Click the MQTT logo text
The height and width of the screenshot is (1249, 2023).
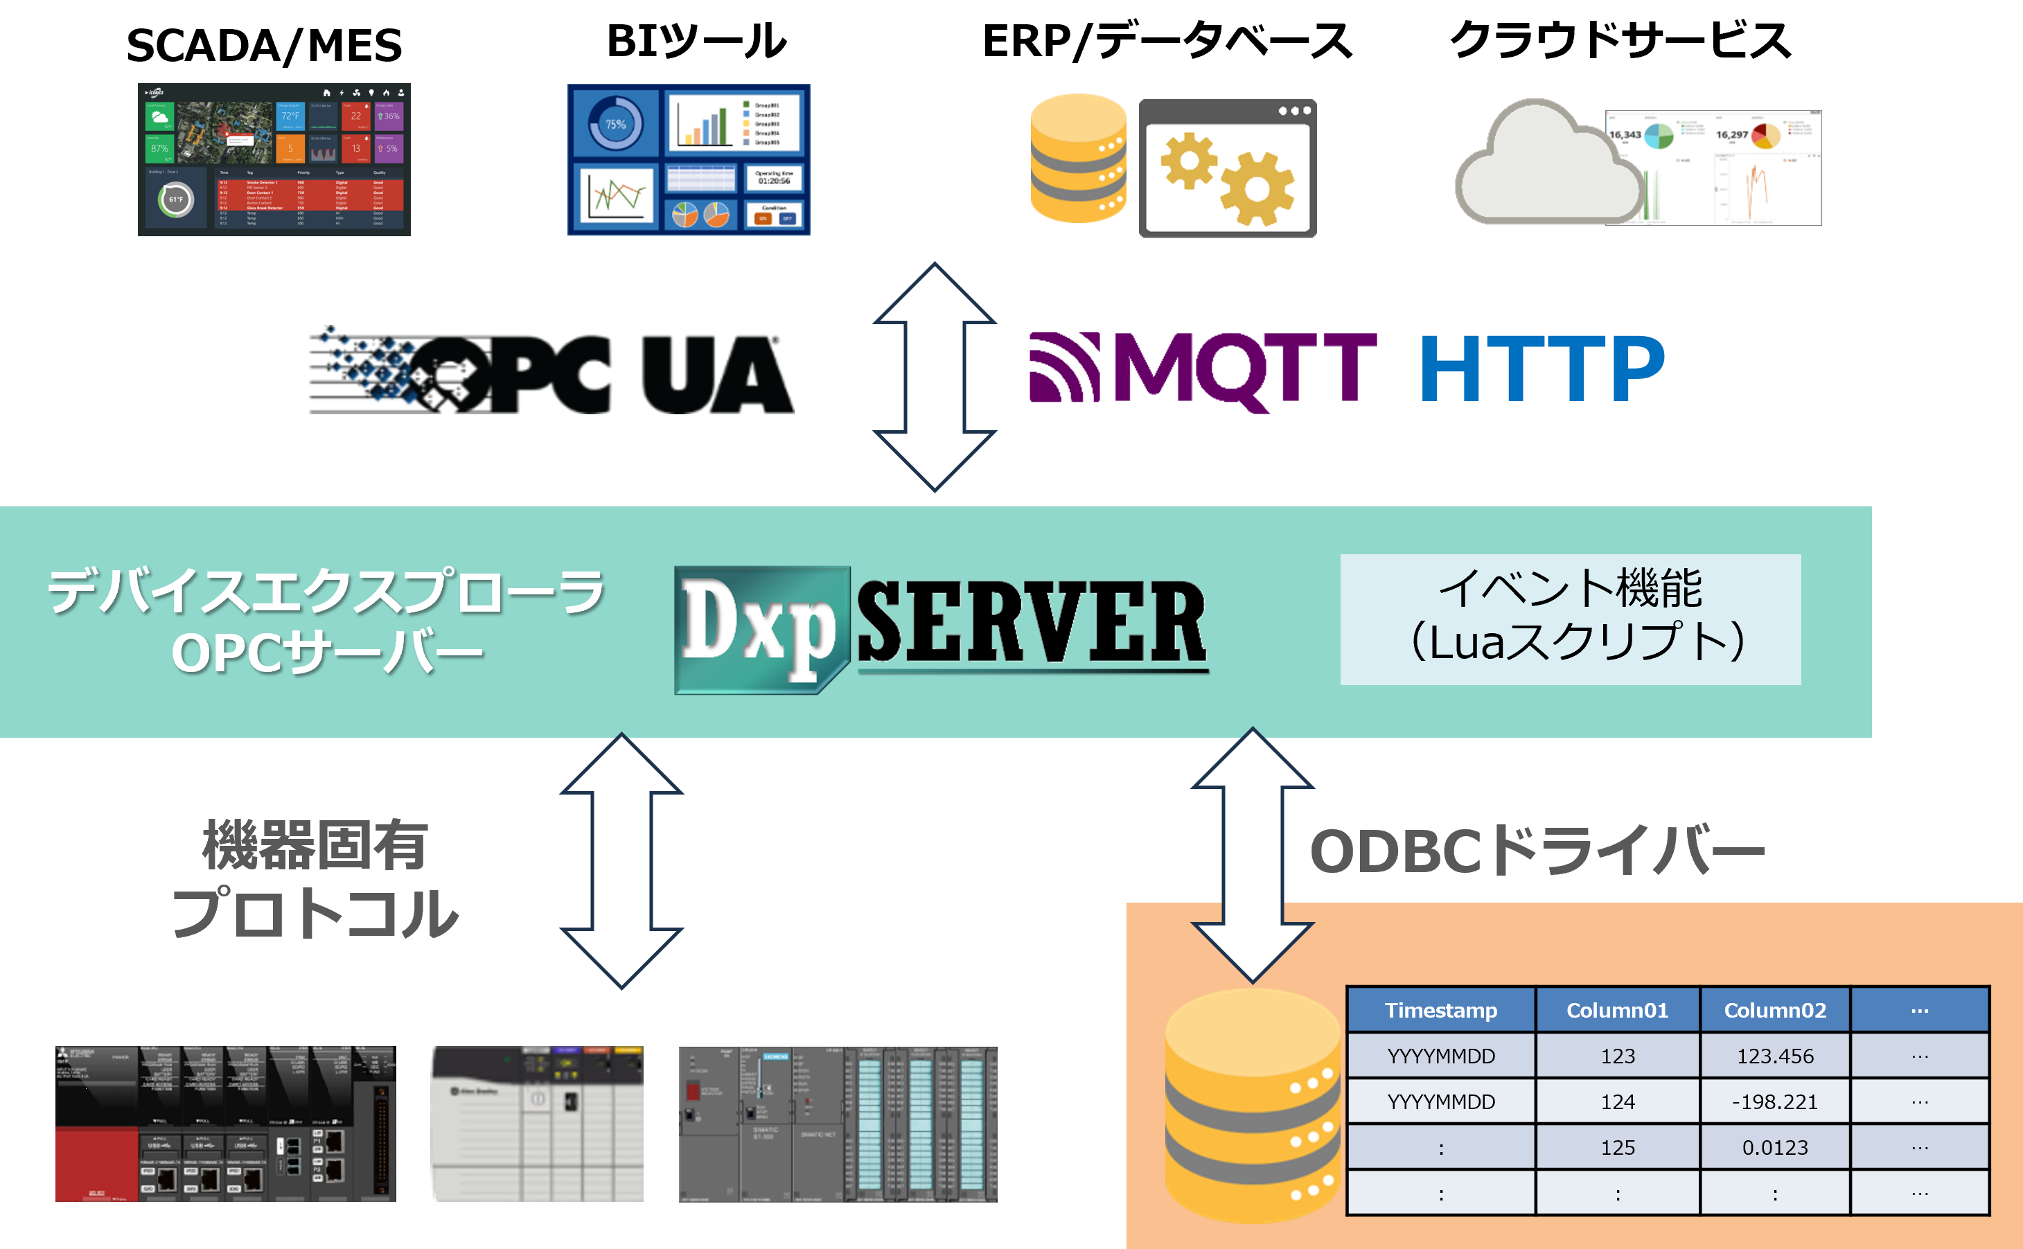1243,368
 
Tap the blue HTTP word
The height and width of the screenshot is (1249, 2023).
1542,368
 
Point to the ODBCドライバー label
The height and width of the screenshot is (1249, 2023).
1537,851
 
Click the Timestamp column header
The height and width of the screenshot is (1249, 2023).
1440,1010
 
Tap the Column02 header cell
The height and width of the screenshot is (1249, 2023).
1774,1010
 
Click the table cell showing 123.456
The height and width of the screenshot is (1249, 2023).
1774,1056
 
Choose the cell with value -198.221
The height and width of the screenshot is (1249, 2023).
1774,1102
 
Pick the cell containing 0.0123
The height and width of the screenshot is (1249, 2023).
1774,1147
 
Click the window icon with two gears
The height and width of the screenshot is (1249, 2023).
1228,169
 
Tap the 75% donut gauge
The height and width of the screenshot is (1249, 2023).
615,124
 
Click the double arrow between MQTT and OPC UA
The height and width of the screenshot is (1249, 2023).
935,377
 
